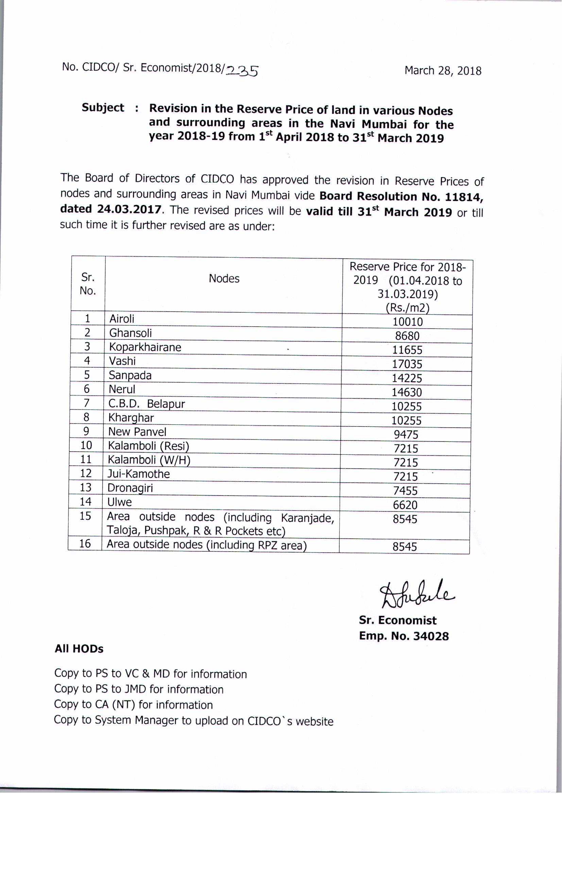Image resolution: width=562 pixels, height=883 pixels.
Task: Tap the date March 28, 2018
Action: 443,70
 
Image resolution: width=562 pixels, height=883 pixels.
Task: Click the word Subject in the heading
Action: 103,107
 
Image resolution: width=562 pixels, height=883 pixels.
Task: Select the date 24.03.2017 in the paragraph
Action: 129,209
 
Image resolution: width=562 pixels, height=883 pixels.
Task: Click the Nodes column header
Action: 224,279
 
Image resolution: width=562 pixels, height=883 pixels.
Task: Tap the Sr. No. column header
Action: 88,284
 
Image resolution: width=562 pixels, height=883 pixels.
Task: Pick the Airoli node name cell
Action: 122,319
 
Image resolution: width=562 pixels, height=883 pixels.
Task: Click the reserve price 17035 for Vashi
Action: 407,364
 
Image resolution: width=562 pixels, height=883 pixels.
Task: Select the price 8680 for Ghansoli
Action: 407,336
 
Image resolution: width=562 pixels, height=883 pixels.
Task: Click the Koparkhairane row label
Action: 145,347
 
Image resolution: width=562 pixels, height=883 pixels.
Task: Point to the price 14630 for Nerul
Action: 407,392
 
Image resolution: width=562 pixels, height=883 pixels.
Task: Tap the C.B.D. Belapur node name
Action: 147,404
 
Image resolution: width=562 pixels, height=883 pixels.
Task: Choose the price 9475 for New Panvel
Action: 406,435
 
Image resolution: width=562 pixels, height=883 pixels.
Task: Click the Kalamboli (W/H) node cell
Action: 149,460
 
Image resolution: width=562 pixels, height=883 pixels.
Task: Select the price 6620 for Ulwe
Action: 405,505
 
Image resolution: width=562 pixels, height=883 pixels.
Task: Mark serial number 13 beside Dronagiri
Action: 85,488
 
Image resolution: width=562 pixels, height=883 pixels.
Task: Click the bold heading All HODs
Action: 79,649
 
